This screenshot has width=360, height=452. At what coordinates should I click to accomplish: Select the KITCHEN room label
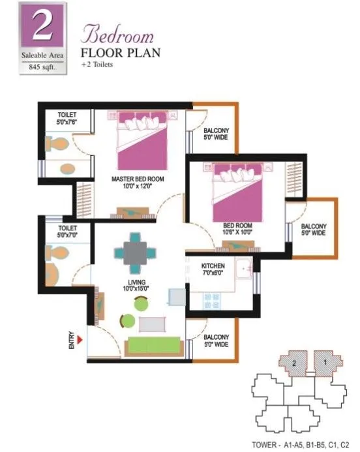(x=213, y=266)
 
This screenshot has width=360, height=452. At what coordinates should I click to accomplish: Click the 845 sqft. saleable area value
(x=42, y=67)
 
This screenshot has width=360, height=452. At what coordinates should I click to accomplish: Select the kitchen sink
(x=244, y=268)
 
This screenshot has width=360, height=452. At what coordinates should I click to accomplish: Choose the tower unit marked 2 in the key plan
(x=295, y=362)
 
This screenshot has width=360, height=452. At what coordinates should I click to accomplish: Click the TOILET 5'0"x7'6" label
(x=67, y=117)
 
